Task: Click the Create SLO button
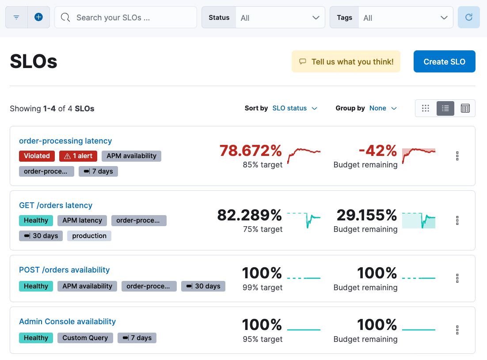pyautogui.click(x=444, y=61)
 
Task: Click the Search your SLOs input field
pyautogui.click(x=126, y=18)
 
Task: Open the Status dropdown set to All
pyautogui.click(x=280, y=18)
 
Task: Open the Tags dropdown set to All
pyautogui.click(x=405, y=18)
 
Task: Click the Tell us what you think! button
pyautogui.click(x=346, y=61)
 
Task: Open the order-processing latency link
pyautogui.click(x=65, y=141)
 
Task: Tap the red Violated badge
pyautogui.click(x=37, y=156)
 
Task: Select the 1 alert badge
pyautogui.click(x=78, y=156)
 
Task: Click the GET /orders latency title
pyautogui.click(x=56, y=205)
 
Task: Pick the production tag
pyautogui.click(x=89, y=236)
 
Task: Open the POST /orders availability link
pyautogui.click(x=64, y=270)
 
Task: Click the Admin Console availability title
pyautogui.click(x=67, y=322)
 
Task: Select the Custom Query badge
pyautogui.click(x=85, y=338)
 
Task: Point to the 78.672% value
pyautogui.click(x=251, y=151)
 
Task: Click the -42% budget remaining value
pyautogui.click(x=378, y=151)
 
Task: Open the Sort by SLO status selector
pyautogui.click(x=295, y=108)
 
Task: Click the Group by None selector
pyautogui.click(x=383, y=108)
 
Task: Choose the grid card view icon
pyautogui.click(x=426, y=108)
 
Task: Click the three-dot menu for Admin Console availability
pyautogui.click(x=457, y=330)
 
